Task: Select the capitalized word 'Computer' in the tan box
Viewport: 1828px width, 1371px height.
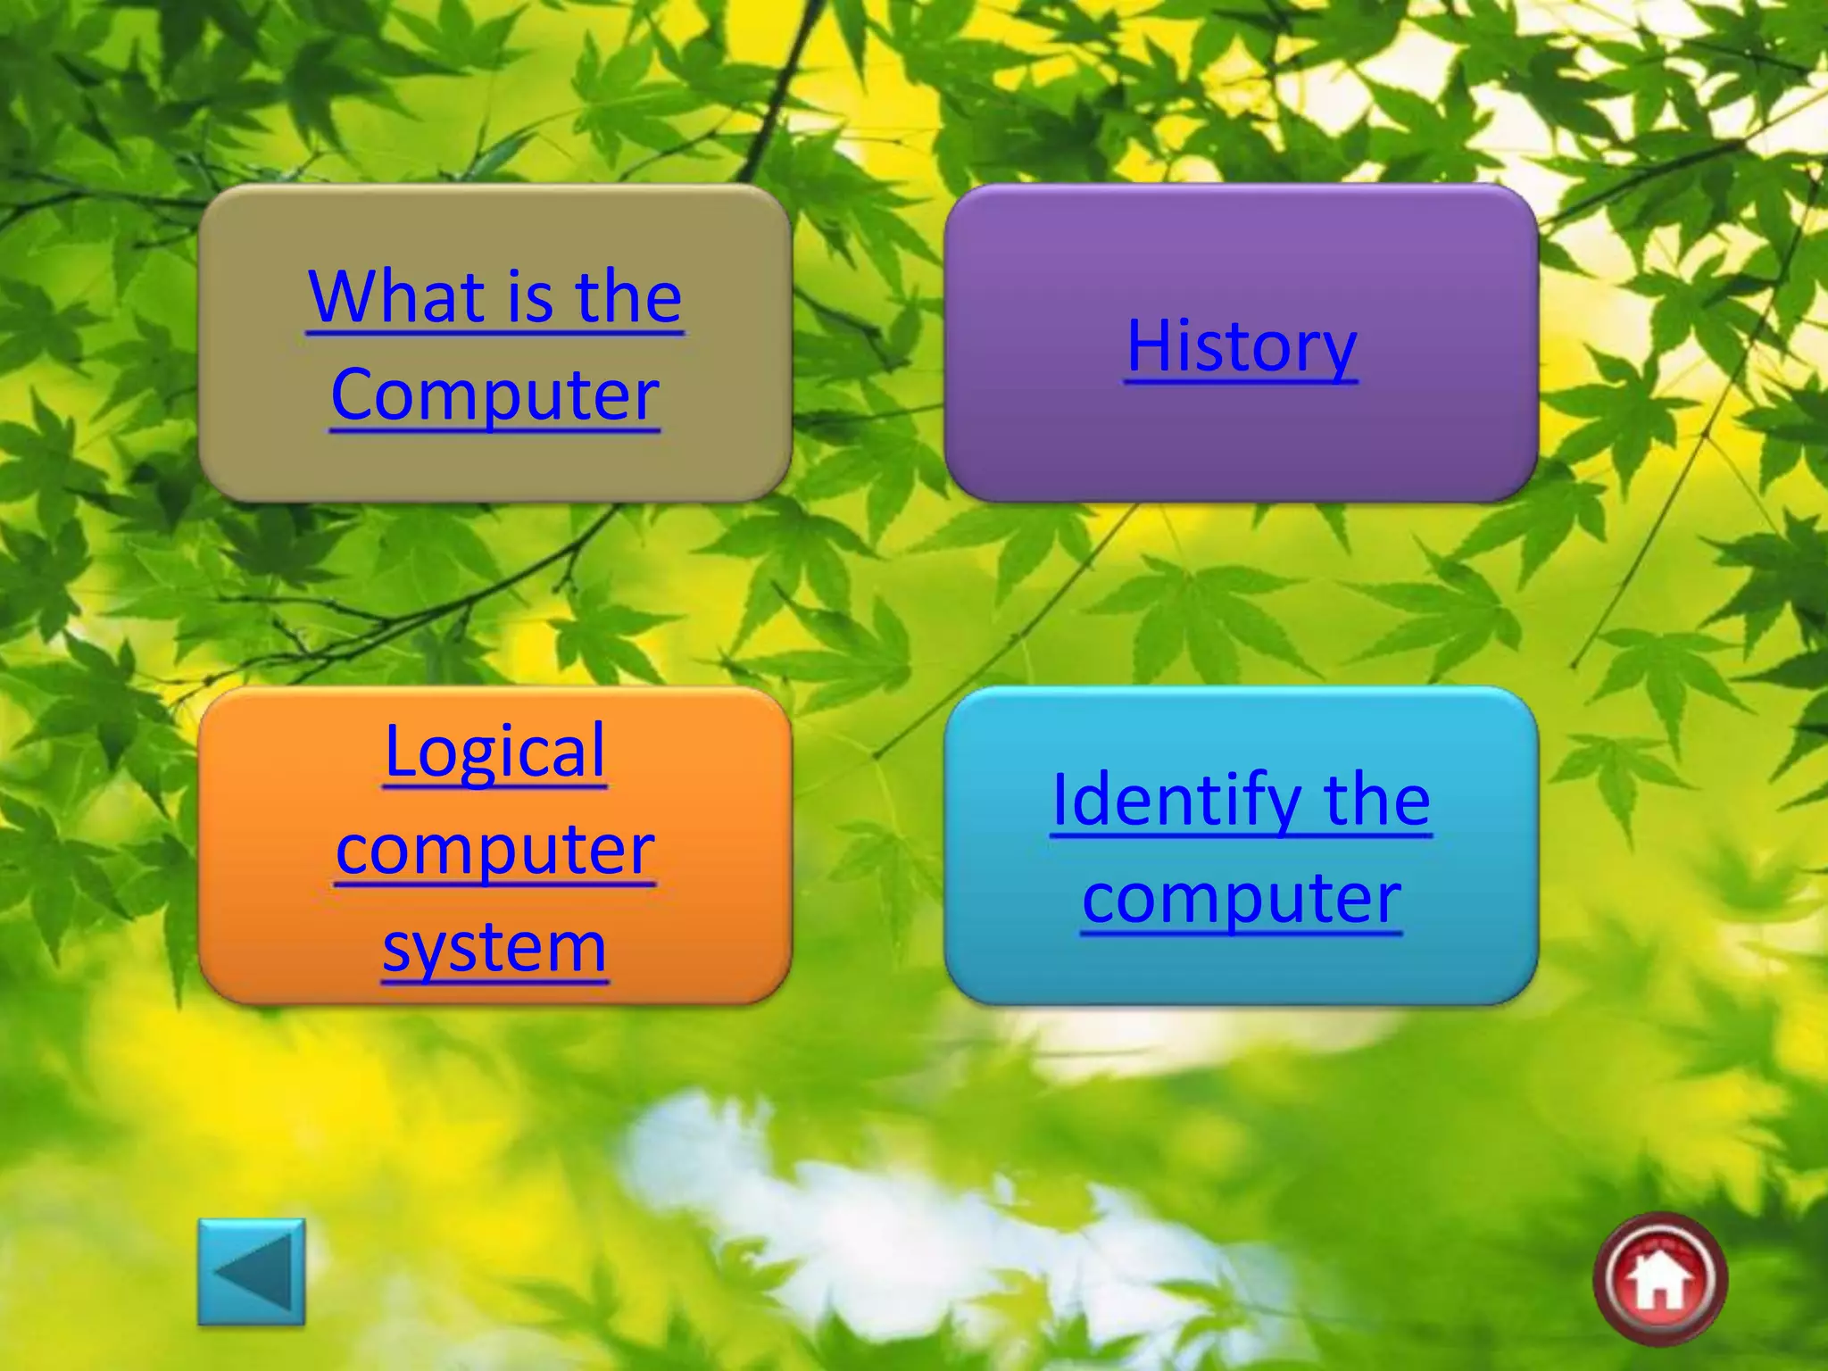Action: [x=494, y=395]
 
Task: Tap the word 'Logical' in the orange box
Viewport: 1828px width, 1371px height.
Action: [x=494, y=752]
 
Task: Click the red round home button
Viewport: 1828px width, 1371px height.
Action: [x=1660, y=1278]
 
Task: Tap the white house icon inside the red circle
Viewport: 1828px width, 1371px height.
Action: [x=1659, y=1282]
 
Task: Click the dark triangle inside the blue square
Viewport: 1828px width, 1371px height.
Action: [x=257, y=1273]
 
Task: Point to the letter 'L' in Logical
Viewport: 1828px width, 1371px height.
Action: [x=399, y=752]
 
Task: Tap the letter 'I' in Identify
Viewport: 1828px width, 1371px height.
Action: [x=1060, y=800]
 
